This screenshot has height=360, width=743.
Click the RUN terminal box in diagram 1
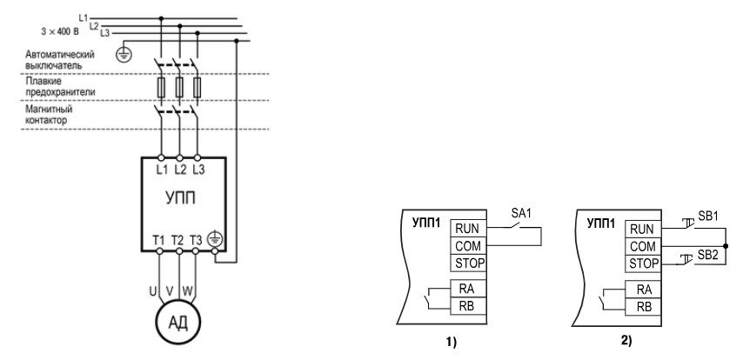(x=467, y=230)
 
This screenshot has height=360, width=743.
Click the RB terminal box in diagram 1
(x=467, y=306)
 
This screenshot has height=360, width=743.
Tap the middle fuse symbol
(x=179, y=88)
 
